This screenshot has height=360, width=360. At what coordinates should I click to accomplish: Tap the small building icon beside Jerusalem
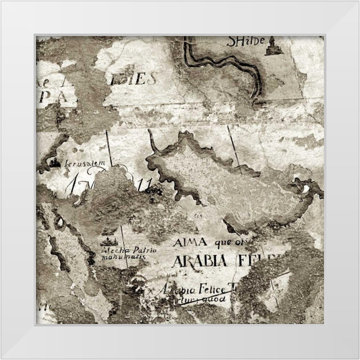tap(55, 163)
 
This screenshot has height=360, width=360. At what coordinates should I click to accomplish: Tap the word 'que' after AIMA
tap(223, 243)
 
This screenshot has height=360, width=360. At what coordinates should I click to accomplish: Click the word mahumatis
tap(123, 257)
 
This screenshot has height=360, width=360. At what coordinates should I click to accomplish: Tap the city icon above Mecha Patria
tap(110, 241)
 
